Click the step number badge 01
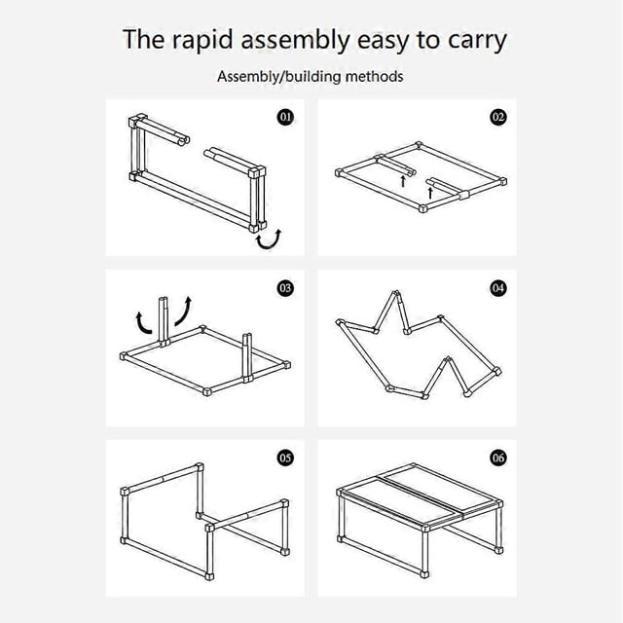[285, 117]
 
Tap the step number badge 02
[498, 117]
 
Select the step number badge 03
[285, 288]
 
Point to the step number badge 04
[498, 288]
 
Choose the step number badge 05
[285, 458]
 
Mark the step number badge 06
[498, 458]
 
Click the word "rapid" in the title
[202, 41]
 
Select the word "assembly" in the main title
[295, 41]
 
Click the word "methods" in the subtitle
[374, 76]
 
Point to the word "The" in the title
[143, 39]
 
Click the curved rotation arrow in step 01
[269, 240]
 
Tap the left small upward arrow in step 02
[403, 181]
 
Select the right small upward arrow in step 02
[430, 193]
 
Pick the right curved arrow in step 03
[184, 311]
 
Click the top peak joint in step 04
[396, 294]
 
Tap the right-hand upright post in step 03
[247, 357]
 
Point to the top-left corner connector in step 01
[136, 120]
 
